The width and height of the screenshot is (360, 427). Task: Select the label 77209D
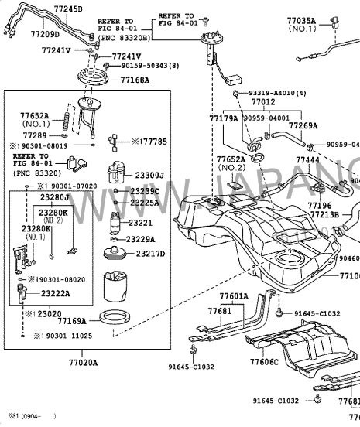pos(24,34)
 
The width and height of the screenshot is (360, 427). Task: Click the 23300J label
pos(149,176)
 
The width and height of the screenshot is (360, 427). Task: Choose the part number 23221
pos(141,223)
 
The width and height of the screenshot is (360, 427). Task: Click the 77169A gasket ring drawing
pos(117,316)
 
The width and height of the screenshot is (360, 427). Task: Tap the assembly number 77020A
pos(83,361)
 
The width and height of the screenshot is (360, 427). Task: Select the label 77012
pos(262,102)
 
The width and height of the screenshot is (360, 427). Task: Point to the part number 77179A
pos(223,118)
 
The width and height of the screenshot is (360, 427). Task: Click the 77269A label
pos(303,125)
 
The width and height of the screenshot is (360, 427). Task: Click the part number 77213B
pos(325,214)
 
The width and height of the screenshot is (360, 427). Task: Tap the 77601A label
pos(233,296)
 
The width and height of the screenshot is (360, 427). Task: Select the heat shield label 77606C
pos(265,361)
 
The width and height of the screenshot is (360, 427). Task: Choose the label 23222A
pos(55,294)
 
